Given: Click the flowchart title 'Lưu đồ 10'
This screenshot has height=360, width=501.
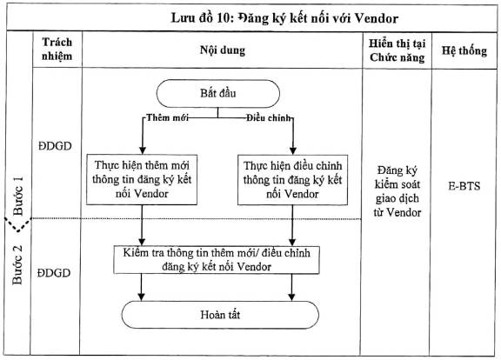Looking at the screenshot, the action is [x=200, y=18].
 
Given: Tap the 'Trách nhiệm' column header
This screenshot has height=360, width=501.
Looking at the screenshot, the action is [x=57, y=49].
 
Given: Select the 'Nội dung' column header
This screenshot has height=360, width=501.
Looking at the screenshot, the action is [x=223, y=50].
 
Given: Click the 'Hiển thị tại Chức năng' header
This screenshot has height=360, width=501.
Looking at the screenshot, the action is [x=397, y=50].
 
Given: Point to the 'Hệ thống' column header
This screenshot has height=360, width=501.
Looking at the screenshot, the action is [x=464, y=50].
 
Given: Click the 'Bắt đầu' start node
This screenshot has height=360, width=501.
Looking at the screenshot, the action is [x=218, y=93].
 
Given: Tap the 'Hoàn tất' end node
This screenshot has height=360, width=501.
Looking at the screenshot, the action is [x=220, y=315].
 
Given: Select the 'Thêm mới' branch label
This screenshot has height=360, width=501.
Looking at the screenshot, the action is [x=167, y=117].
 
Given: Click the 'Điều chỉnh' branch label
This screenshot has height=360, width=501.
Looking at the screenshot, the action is [x=269, y=118].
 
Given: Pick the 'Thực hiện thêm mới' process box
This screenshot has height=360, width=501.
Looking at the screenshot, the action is [x=142, y=179].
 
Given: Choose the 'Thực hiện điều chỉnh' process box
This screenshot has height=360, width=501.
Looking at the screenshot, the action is [x=292, y=180].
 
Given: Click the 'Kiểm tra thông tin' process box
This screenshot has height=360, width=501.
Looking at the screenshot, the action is [x=217, y=260].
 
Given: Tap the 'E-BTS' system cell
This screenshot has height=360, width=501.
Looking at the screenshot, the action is [x=464, y=186].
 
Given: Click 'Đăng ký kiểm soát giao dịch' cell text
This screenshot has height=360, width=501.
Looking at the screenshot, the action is [x=397, y=191].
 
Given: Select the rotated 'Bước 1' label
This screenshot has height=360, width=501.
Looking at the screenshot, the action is [x=18, y=196].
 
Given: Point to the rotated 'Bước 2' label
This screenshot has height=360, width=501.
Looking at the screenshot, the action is [x=17, y=264].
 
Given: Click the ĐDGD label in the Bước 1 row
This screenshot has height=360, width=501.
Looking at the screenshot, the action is [x=55, y=146].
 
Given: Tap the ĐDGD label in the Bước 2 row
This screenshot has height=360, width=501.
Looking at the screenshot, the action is [x=54, y=273].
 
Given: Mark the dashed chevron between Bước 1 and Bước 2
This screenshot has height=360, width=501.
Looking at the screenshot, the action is [x=18, y=224].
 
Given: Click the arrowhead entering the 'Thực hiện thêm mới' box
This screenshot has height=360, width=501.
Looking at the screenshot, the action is [x=143, y=150].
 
